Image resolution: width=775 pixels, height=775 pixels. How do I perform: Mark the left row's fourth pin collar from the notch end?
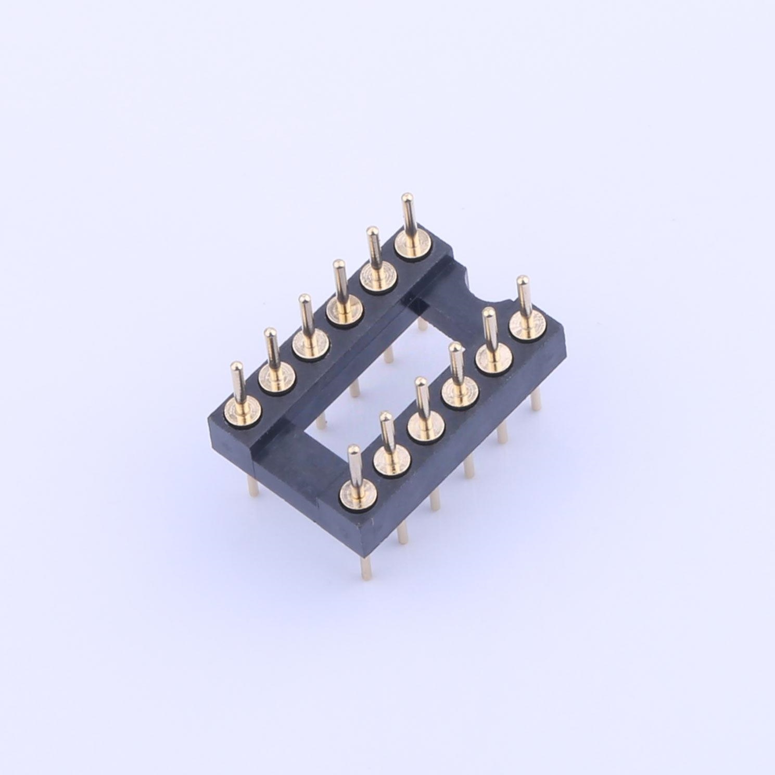309,342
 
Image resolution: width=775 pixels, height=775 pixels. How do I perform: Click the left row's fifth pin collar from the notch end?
275,376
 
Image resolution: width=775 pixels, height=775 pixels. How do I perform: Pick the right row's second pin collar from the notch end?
493,358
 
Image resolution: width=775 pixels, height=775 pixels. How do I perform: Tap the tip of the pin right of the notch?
522,282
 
